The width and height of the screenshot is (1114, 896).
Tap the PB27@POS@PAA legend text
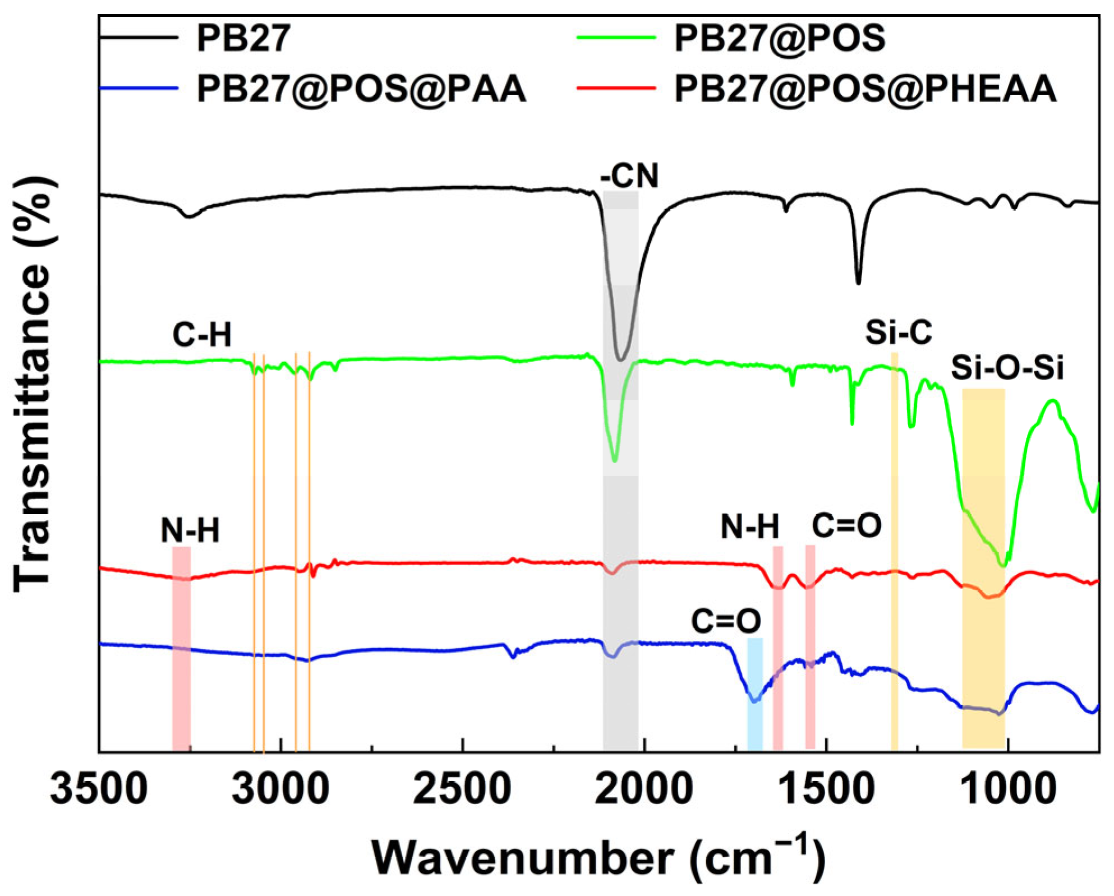click(361, 89)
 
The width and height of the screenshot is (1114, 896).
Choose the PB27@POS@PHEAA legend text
click(865, 89)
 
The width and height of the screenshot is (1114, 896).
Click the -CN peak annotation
click(629, 176)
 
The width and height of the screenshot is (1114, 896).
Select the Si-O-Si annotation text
click(1007, 368)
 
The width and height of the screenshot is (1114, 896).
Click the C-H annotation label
click(202, 335)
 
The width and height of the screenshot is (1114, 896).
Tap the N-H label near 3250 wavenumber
click(190, 530)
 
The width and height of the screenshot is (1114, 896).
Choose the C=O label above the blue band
click(726, 621)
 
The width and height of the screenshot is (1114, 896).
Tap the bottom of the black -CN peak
click(620, 359)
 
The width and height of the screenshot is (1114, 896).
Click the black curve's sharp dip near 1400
click(858, 282)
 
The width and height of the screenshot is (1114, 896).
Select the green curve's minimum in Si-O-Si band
click(1003, 565)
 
